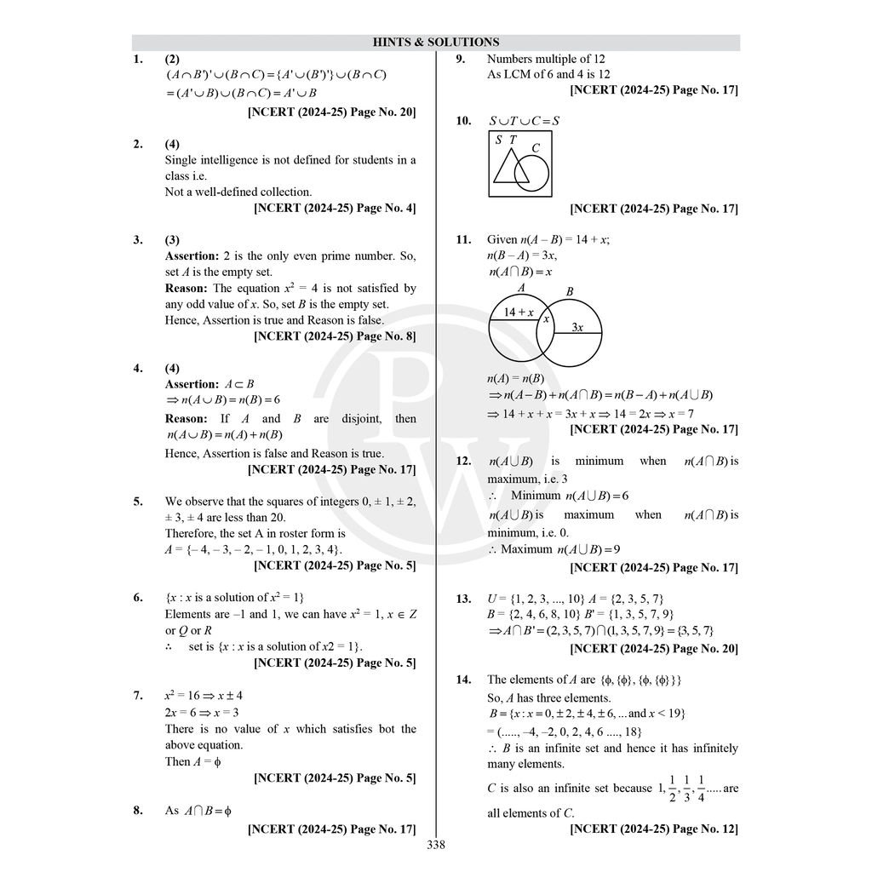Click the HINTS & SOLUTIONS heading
[x=435, y=42]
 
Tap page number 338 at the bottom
[x=435, y=845]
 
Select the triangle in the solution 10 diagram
[x=510, y=168]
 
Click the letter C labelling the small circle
[x=536, y=148]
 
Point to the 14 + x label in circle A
[x=518, y=313]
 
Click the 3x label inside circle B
[x=577, y=327]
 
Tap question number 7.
[x=138, y=696]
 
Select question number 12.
[x=463, y=461]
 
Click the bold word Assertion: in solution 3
[x=192, y=255]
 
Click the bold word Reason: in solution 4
[x=186, y=418]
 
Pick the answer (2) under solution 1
[x=172, y=59]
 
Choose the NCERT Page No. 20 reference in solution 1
[x=331, y=112]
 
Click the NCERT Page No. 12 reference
[x=653, y=829]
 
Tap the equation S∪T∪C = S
[x=524, y=121]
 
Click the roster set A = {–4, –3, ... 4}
[x=254, y=549]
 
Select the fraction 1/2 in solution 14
[x=672, y=789]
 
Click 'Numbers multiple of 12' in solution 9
[x=546, y=59]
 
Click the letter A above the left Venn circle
[x=521, y=289]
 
